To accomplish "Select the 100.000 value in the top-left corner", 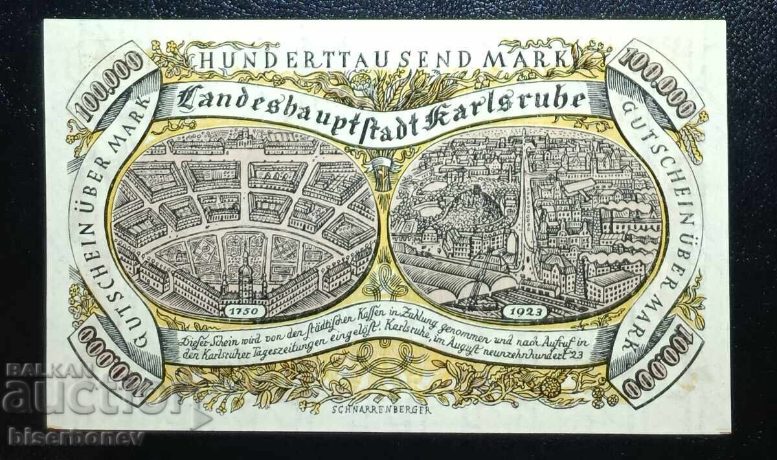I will (111, 84).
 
